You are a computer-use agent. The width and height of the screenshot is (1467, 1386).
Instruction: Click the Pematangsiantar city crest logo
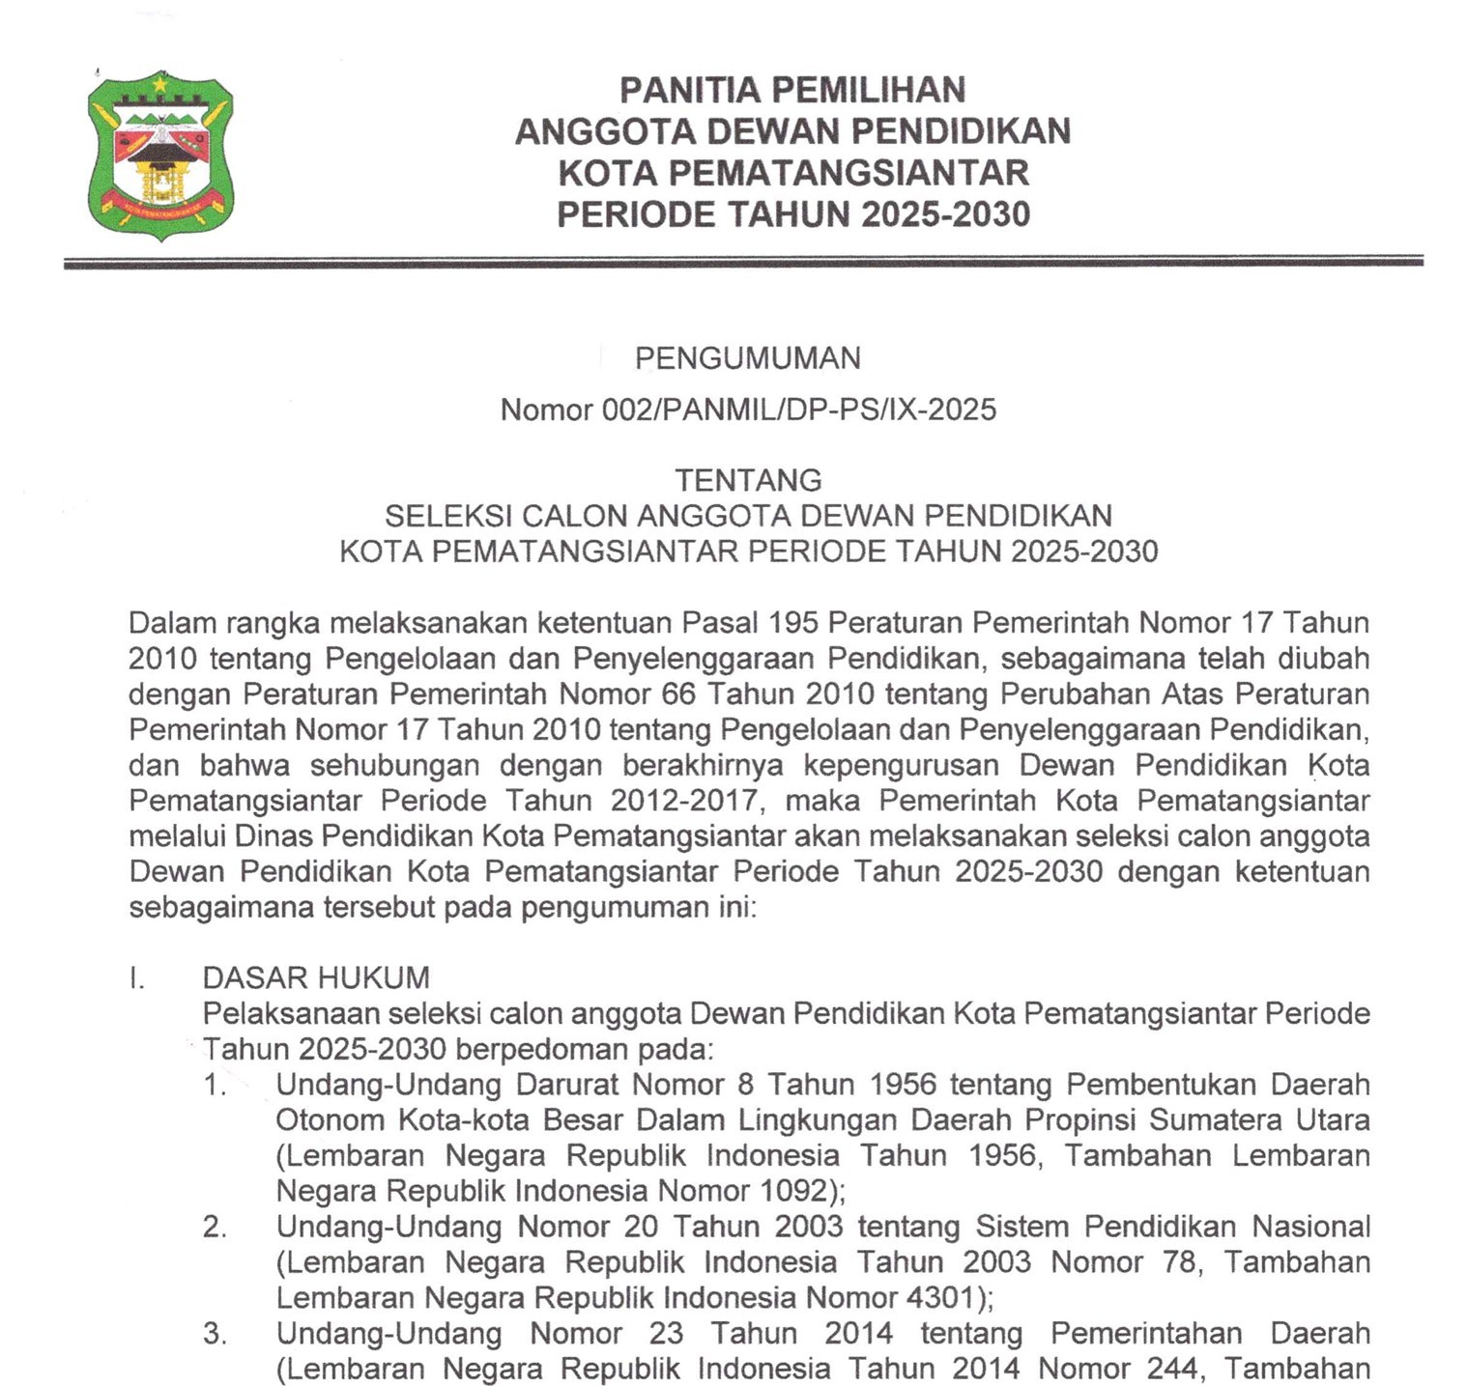click(160, 155)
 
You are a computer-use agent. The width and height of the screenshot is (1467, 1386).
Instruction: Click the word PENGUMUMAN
click(747, 358)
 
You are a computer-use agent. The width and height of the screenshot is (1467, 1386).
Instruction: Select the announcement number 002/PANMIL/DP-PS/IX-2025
click(798, 410)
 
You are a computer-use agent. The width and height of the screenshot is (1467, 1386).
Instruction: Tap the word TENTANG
click(748, 480)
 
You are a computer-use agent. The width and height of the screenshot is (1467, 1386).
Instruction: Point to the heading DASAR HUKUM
click(316, 977)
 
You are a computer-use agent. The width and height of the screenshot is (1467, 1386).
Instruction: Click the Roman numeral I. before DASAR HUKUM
click(136, 977)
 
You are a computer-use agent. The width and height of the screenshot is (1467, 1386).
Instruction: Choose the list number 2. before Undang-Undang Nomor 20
click(215, 1227)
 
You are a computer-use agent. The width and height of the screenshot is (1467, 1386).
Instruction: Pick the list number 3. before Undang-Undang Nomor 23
click(215, 1334)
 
